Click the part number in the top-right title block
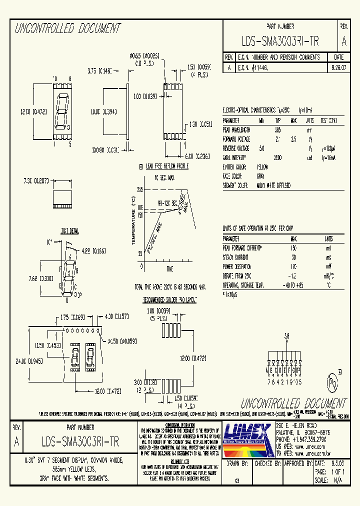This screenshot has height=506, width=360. point(280,40)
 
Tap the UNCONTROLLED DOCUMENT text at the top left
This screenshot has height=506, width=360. point(68,29)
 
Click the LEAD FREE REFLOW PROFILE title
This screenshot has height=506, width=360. point(166,166)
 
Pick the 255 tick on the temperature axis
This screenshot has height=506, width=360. point(140,190)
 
